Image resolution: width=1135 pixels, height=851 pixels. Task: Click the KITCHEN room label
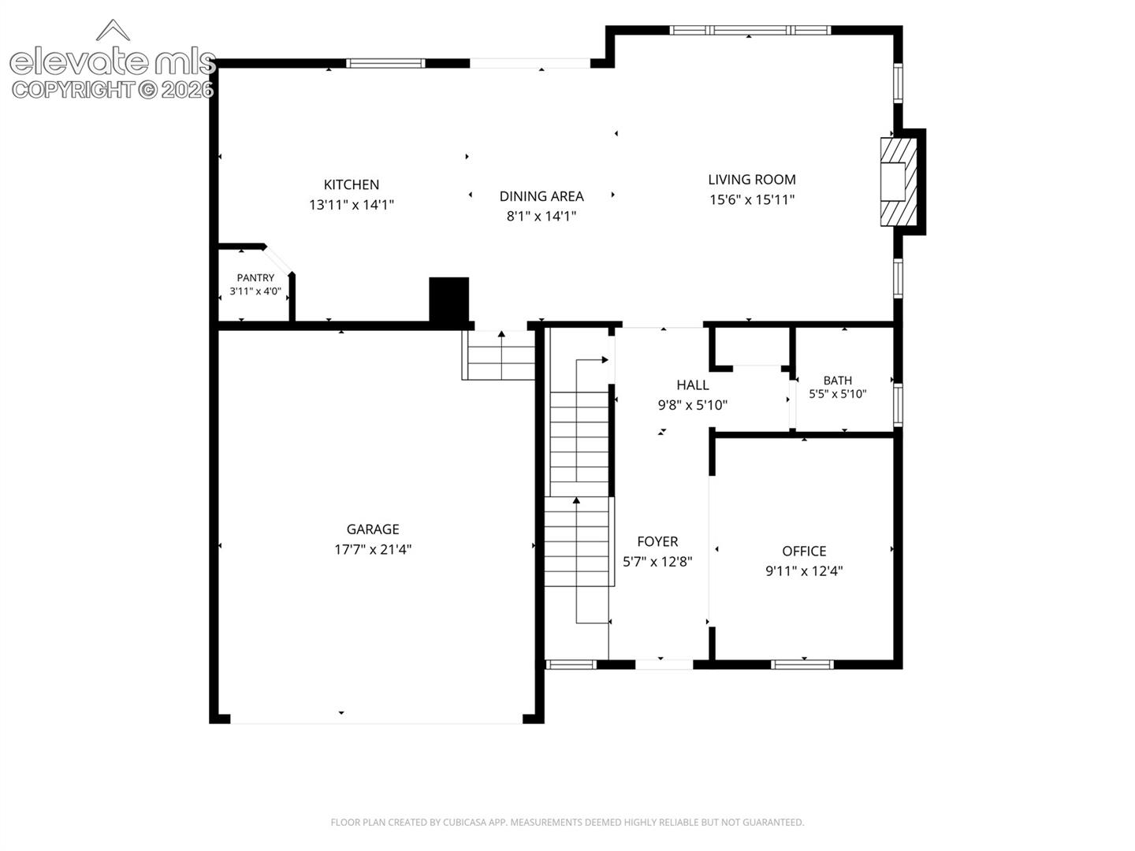351,184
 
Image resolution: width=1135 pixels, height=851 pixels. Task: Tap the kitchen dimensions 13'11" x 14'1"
351,205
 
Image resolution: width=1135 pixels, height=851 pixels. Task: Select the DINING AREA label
541,196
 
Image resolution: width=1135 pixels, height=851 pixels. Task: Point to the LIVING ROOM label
751,180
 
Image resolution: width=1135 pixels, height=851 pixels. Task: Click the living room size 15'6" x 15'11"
751,199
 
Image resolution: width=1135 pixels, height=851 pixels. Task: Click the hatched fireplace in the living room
899,181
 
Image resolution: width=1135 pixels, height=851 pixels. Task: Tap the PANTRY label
255,278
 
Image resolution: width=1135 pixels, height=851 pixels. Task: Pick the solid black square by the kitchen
448,299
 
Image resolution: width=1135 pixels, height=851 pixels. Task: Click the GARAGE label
372,529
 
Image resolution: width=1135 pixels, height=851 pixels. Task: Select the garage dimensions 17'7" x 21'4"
372,548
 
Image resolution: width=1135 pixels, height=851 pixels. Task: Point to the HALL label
692,385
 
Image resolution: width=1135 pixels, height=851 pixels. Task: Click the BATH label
837,381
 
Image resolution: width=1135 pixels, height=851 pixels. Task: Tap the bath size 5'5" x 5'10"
837,394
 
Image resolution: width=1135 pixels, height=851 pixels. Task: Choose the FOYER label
657,541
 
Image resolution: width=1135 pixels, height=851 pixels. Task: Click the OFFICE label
803,551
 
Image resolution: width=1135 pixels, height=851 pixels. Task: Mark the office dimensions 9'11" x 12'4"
803,570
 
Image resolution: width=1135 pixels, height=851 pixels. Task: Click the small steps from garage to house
498,355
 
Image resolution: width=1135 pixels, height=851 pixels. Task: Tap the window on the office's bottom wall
802,664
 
